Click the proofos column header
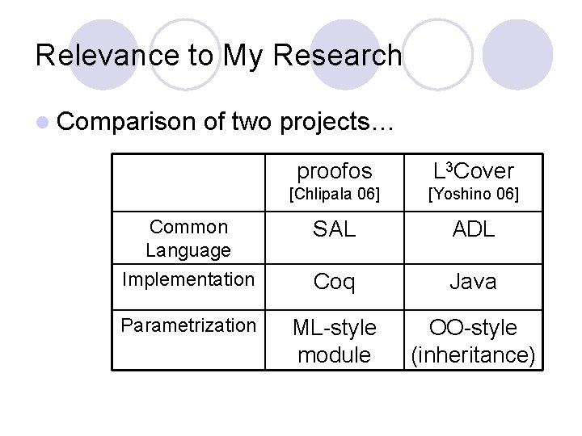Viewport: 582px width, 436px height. coord(334,171)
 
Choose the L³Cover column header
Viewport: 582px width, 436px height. coord(473,171)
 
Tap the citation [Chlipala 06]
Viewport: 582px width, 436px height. coord(334,195)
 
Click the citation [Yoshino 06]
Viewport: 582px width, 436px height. coord(473,195)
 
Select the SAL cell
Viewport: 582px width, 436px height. coord(334,229)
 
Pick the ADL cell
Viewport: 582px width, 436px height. coord(473,229)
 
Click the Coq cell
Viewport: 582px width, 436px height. coord(334,282)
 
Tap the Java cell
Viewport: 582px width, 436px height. coord(473,282)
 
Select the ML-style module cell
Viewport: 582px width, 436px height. coord(334,341)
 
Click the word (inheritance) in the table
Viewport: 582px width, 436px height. coord(473,354)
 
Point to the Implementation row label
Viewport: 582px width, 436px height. coord(188,279)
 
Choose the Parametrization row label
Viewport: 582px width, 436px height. coord(188,325)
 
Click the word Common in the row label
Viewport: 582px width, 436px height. coord(188,227)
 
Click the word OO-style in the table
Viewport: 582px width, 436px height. coord(473,328)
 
